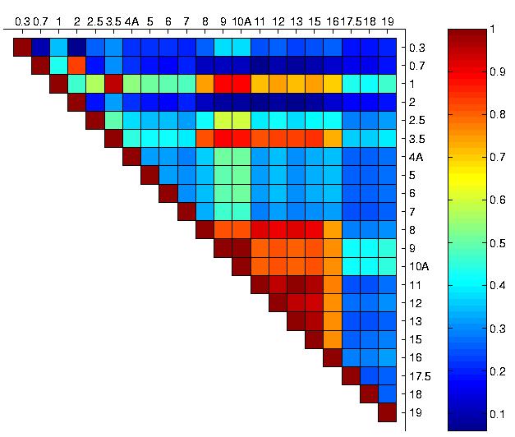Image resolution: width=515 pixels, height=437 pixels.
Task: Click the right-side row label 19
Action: coord(414,412)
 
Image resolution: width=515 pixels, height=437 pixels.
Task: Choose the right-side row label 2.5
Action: coord(416,120)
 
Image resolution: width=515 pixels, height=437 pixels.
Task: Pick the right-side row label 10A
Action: coord(418,266)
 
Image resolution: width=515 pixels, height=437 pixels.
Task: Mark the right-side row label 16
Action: coord(414,357)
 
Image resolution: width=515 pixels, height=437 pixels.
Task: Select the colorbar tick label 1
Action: coord(491,29)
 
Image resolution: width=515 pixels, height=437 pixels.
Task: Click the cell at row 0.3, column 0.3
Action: coord(22,47)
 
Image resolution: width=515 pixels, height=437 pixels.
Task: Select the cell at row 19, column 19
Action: coord(388,412)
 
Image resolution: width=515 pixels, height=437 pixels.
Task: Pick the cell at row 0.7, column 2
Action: coord(77,65)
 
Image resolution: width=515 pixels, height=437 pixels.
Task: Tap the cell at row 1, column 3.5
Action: coord(113,83)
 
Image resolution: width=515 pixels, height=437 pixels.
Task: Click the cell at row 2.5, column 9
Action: coord(223,120)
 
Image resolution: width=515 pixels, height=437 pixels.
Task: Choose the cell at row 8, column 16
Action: coord(333,229)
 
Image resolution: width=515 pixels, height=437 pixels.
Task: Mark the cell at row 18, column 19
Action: coord(388,394)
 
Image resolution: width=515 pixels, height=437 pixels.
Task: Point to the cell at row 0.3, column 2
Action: coord(77,47)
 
